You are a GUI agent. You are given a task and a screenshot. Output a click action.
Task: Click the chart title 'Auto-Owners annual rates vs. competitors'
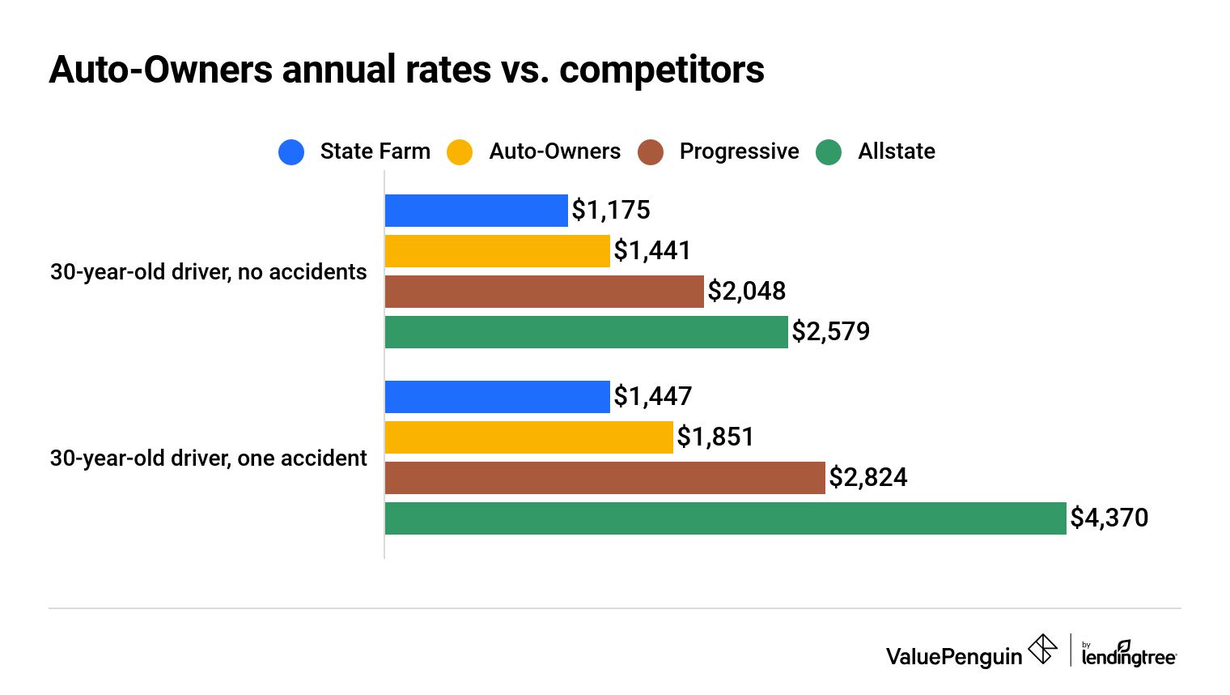point(406,70)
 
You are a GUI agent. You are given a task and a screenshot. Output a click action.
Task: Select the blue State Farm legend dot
point(291,152)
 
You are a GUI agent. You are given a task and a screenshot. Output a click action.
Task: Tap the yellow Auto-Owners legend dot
point(460,152)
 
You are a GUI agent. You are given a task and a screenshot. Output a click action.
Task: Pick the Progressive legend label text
point(739,151)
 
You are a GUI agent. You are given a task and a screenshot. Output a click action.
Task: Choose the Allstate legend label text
point(896,151)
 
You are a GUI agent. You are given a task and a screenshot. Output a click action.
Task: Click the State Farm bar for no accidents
point(476,211)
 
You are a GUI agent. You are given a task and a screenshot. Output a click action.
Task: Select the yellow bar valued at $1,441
point(497,251)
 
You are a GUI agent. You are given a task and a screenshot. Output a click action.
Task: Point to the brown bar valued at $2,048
point(544,292)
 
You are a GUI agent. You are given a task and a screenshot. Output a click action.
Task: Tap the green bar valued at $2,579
point(586,332)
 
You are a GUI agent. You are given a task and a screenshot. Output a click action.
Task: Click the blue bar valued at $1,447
point(497,397)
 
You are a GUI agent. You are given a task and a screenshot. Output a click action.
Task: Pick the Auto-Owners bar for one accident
point(528,437)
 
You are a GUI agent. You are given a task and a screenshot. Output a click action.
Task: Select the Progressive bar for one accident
point(604,478)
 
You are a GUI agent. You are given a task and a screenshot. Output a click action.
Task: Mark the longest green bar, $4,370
point(725,518)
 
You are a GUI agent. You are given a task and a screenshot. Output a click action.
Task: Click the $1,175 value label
point(611,211)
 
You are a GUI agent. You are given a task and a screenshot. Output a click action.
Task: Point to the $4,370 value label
point(1109,518)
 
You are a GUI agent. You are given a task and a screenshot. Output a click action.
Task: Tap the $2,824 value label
point(867,478)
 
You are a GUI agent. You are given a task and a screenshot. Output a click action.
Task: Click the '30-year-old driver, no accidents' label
point(209,272)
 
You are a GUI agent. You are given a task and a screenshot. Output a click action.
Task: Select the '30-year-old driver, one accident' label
point(209,458)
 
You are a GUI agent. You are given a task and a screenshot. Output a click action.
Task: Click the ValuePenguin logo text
point(954,656)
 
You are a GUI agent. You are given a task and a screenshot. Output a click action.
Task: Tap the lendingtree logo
point(1128,654)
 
